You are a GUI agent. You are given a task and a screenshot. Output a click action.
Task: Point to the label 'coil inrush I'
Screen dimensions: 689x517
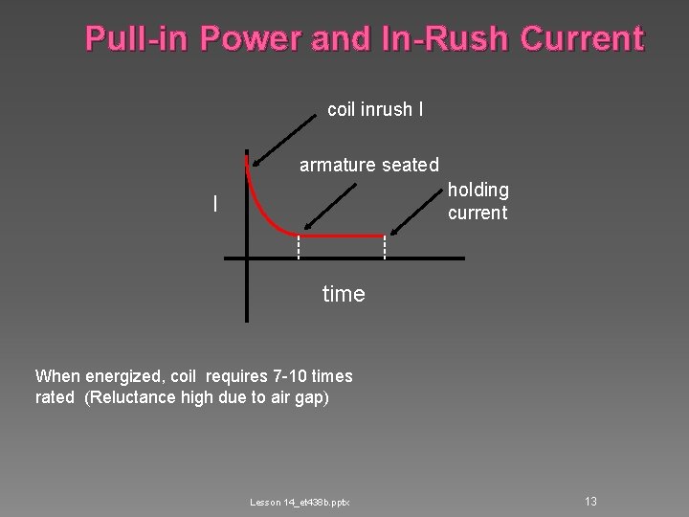(376, 110)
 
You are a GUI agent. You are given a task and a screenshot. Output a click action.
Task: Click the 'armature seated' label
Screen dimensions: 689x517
(369, 166)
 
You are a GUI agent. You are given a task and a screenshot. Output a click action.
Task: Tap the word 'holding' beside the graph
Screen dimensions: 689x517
(478, 191)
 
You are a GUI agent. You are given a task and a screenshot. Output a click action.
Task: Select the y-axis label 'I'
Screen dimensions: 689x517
(215, 204)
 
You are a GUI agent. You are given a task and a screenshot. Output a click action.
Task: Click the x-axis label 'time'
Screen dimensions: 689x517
(344, 294)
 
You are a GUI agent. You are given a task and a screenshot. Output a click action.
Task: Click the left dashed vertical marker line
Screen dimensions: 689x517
(299, 247)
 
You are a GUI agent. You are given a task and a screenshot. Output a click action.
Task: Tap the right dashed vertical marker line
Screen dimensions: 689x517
(385, 247)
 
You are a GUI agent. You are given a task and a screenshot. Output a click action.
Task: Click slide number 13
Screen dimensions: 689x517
(590, 502)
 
